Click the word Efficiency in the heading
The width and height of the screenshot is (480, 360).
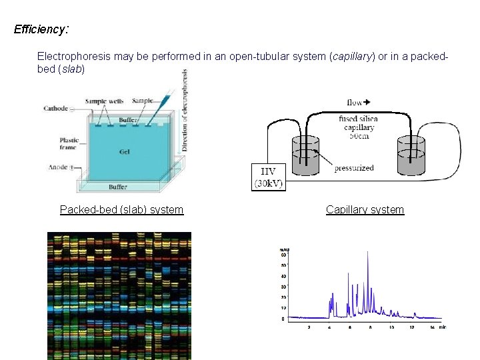point(39,29)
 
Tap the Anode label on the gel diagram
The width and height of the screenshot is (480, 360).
point(58,167)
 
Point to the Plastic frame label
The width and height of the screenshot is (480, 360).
point(69,143)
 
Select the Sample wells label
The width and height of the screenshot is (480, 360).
point(104,101)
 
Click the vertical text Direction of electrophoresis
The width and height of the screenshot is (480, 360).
point(185,110)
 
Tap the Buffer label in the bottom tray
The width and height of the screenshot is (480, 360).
point(118,187)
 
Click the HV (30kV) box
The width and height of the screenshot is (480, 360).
point(269,177)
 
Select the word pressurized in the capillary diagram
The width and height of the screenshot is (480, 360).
point(354,168)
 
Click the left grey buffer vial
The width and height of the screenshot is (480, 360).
point(306,156)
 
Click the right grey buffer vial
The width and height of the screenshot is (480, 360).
point(411,156)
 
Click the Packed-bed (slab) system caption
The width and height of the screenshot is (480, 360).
point(121,210)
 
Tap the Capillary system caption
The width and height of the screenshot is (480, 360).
point(365,210)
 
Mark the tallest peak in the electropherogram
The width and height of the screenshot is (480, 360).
point(367,253)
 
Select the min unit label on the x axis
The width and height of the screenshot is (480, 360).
point(442,327)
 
